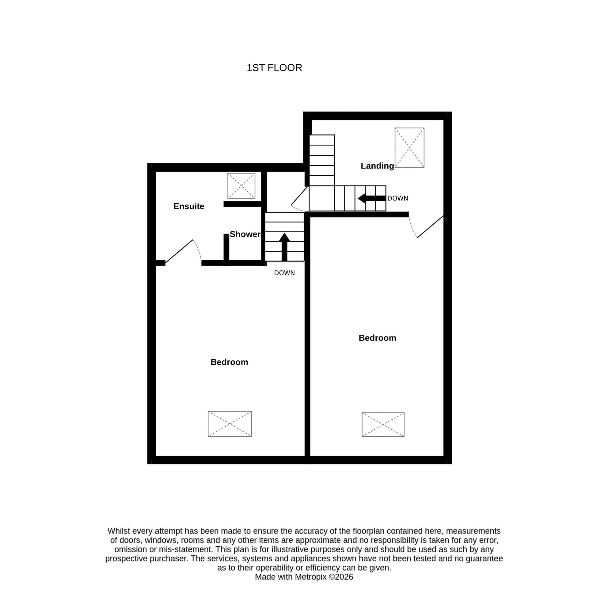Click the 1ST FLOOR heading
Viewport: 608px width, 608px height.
coord(274,68)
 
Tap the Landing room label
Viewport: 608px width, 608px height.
coord(377,166)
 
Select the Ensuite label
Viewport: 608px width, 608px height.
coord(189,206)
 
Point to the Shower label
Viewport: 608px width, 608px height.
coord(245,234)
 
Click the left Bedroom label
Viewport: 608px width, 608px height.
coord(229,362)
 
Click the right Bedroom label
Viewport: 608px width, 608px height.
coord(377,338)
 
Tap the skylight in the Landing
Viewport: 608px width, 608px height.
coord(409,148)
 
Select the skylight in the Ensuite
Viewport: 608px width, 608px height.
coord(241,186)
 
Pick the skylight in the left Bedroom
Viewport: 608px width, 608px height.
coord(230,424)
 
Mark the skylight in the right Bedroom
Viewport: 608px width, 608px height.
coord(383,424)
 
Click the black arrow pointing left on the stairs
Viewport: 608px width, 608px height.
coord(372,198)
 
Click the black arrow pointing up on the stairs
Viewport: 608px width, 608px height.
coord(284,247)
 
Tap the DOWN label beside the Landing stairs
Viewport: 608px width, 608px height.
coord(397,198)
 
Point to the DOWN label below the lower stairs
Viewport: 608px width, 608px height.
coord(284,273)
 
